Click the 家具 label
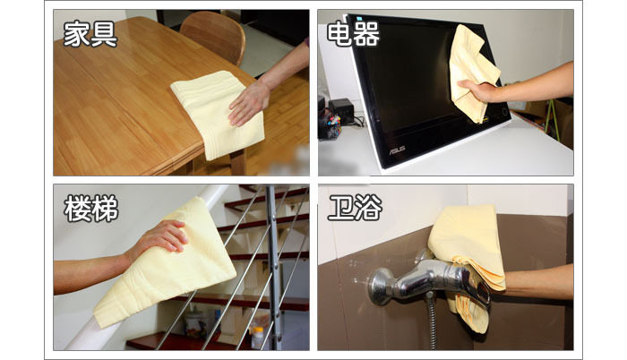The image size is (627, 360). tap(90, 34)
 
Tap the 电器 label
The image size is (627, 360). tap(354, 34)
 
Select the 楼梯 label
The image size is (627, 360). tap(91, 208)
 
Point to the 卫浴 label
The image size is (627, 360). tap(355, 208)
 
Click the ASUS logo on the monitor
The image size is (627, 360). tap(398, 149)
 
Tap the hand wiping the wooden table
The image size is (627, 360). tap(249, 103)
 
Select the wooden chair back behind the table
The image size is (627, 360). tap(213, 36)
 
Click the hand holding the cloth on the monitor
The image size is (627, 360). tap(478, 90)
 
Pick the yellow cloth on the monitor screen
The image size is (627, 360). tap(472, 72)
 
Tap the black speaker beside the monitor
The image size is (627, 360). tap(341, 110)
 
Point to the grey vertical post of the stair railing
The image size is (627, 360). tap(272, 267)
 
